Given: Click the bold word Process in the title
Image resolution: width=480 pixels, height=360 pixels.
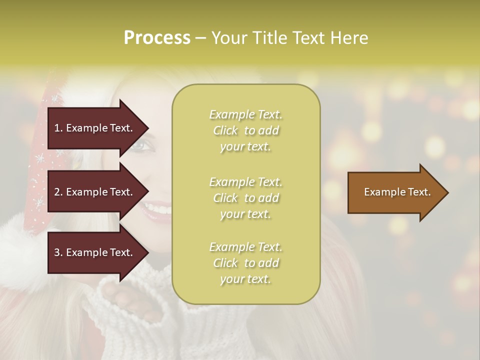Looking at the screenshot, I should click(157, 38).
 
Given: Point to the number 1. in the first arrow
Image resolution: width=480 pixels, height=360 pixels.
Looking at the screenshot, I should click(58, 128).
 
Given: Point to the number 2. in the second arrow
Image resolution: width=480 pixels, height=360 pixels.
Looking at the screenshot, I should click(58, 192).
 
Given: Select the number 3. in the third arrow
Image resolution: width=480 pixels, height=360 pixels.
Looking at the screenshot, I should click(58, 252).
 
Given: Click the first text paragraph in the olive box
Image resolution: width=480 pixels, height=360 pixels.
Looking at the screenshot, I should click(245, 130).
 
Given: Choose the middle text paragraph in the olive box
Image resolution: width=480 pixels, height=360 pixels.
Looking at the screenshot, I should click(245, 198).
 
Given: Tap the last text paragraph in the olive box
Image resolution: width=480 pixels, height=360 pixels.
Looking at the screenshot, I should click(245, 263).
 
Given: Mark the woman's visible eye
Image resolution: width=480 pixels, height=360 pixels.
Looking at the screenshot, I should click(139, 146).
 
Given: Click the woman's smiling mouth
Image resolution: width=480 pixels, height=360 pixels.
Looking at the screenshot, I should click(158, 209).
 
